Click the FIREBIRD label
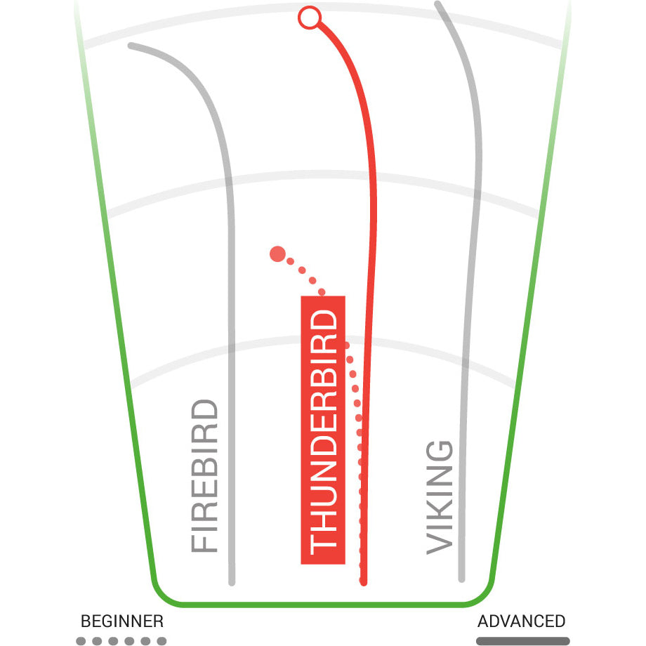tap(204, 476)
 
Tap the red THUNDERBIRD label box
tap(323, 430)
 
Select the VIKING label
tap(439, 498)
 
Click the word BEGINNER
tap(122, 621)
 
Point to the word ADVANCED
tap(521, 621)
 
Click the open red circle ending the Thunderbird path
tap(310, 18)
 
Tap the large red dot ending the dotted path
tap(277, 253)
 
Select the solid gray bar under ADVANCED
tap(523, 641)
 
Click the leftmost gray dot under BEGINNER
tap(81, 641)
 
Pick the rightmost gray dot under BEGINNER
tap(162, 641)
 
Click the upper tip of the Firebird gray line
tap(131, 46)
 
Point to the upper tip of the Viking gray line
tap(437, 4)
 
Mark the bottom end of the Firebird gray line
tap(232, 583)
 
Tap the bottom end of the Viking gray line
tap(461, 579)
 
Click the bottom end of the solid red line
tap(364, 583)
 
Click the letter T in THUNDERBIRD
tap(323, 545)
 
